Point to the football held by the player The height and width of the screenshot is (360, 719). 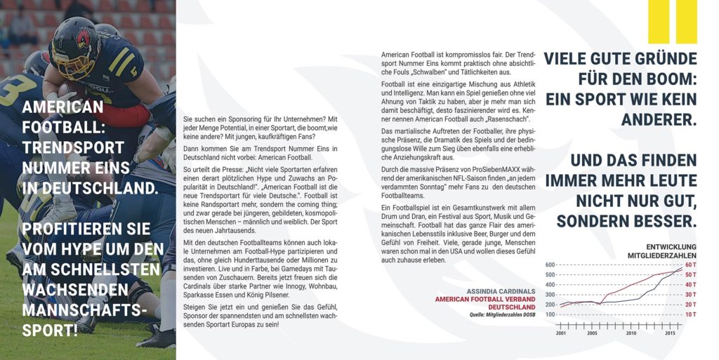71,90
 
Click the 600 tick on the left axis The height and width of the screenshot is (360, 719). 550,265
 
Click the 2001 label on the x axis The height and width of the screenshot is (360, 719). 561,333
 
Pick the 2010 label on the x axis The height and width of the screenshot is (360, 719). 631,333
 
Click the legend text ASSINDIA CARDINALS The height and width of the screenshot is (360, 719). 501,291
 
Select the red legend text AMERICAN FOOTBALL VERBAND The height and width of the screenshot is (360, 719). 485,300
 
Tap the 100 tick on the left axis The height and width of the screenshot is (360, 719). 550,314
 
